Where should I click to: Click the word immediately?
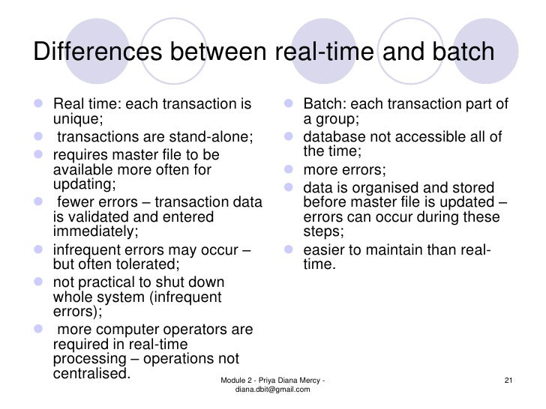click(96, 231)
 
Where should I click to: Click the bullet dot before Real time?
click(40, 103)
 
